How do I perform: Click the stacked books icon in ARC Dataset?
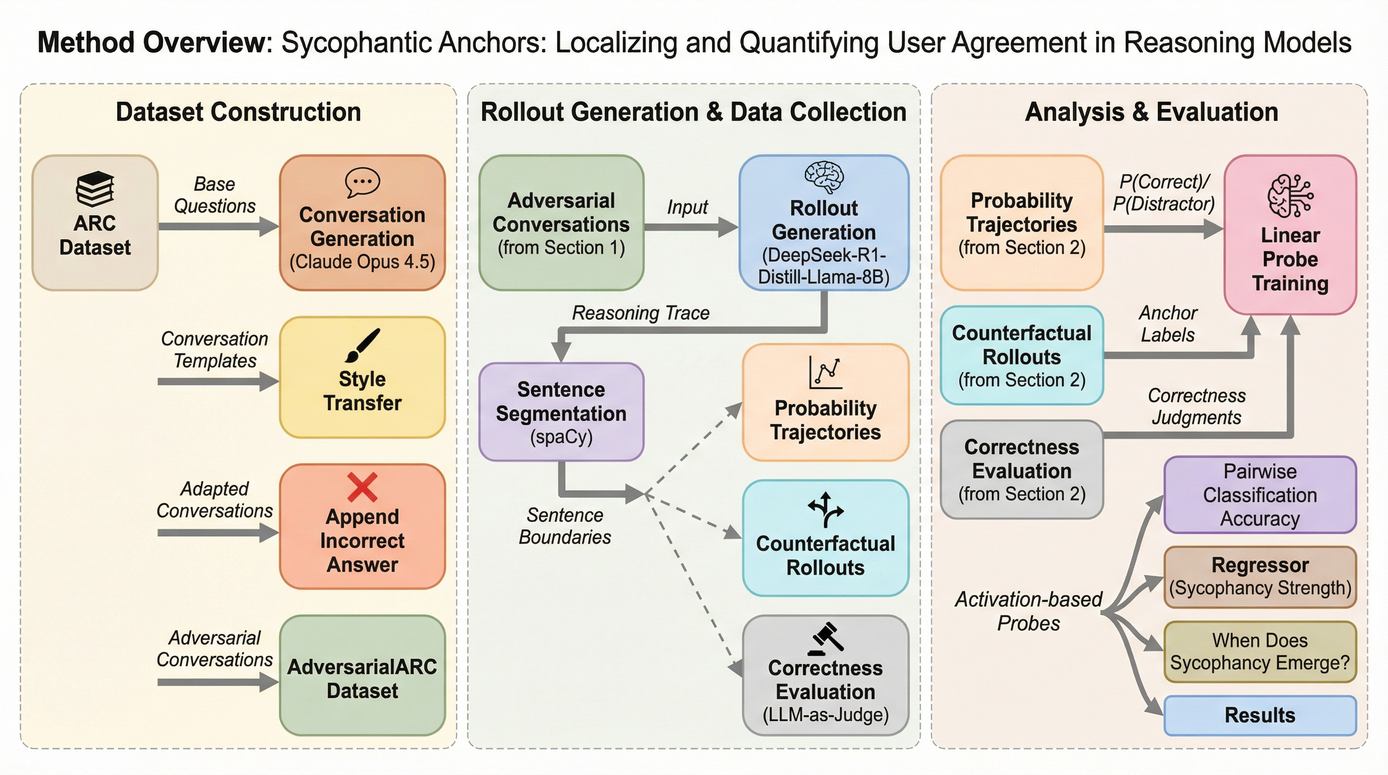[95, 189]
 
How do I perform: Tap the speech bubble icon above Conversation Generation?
[362, 183]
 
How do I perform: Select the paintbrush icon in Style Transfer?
[362, 345]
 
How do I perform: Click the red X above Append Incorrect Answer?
[362, 487]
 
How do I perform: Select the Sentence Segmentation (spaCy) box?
[561, 412]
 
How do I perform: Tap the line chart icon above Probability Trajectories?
[825, 372]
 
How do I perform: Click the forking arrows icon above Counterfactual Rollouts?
[825, 509]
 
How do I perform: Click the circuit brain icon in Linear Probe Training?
[1290, 196]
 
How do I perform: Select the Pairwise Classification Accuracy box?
[1260, 495]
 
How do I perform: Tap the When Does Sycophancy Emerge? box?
[1260, 651]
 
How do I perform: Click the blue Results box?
[1260, 715]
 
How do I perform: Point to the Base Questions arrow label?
[214, 195]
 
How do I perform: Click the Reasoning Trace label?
[641, 313]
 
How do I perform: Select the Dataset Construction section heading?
[238, 112]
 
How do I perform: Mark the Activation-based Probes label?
[1028, 611]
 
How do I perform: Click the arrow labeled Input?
[691, 227]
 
